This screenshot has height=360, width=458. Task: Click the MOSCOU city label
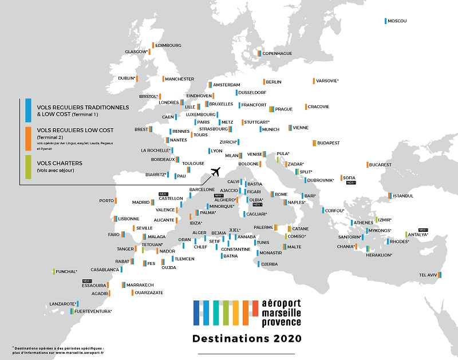coord(397,21)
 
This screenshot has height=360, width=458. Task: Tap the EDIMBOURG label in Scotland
coord(168,45)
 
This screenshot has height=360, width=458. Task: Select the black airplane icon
coord(216,171)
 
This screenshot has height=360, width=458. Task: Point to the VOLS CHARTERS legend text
coord(60,163)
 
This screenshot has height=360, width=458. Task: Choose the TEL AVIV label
coord(428,275)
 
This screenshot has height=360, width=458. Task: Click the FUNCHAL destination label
coord(66,271)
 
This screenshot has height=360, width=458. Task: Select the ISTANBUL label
coord(403,196)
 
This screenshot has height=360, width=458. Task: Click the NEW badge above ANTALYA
coord(423,230)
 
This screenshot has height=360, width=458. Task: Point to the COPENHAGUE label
coord(277,53)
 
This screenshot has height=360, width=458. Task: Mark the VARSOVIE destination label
coord(328,81)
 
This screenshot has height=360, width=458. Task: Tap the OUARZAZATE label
coord(149,292)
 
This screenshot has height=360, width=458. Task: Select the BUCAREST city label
coord(380,165)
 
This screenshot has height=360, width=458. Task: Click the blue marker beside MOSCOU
coord(386,21)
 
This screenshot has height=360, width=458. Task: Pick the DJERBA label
coord(269,264)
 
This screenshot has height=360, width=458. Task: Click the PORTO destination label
coord(107,201)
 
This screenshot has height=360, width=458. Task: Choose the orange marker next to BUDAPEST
coord(314,143)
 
